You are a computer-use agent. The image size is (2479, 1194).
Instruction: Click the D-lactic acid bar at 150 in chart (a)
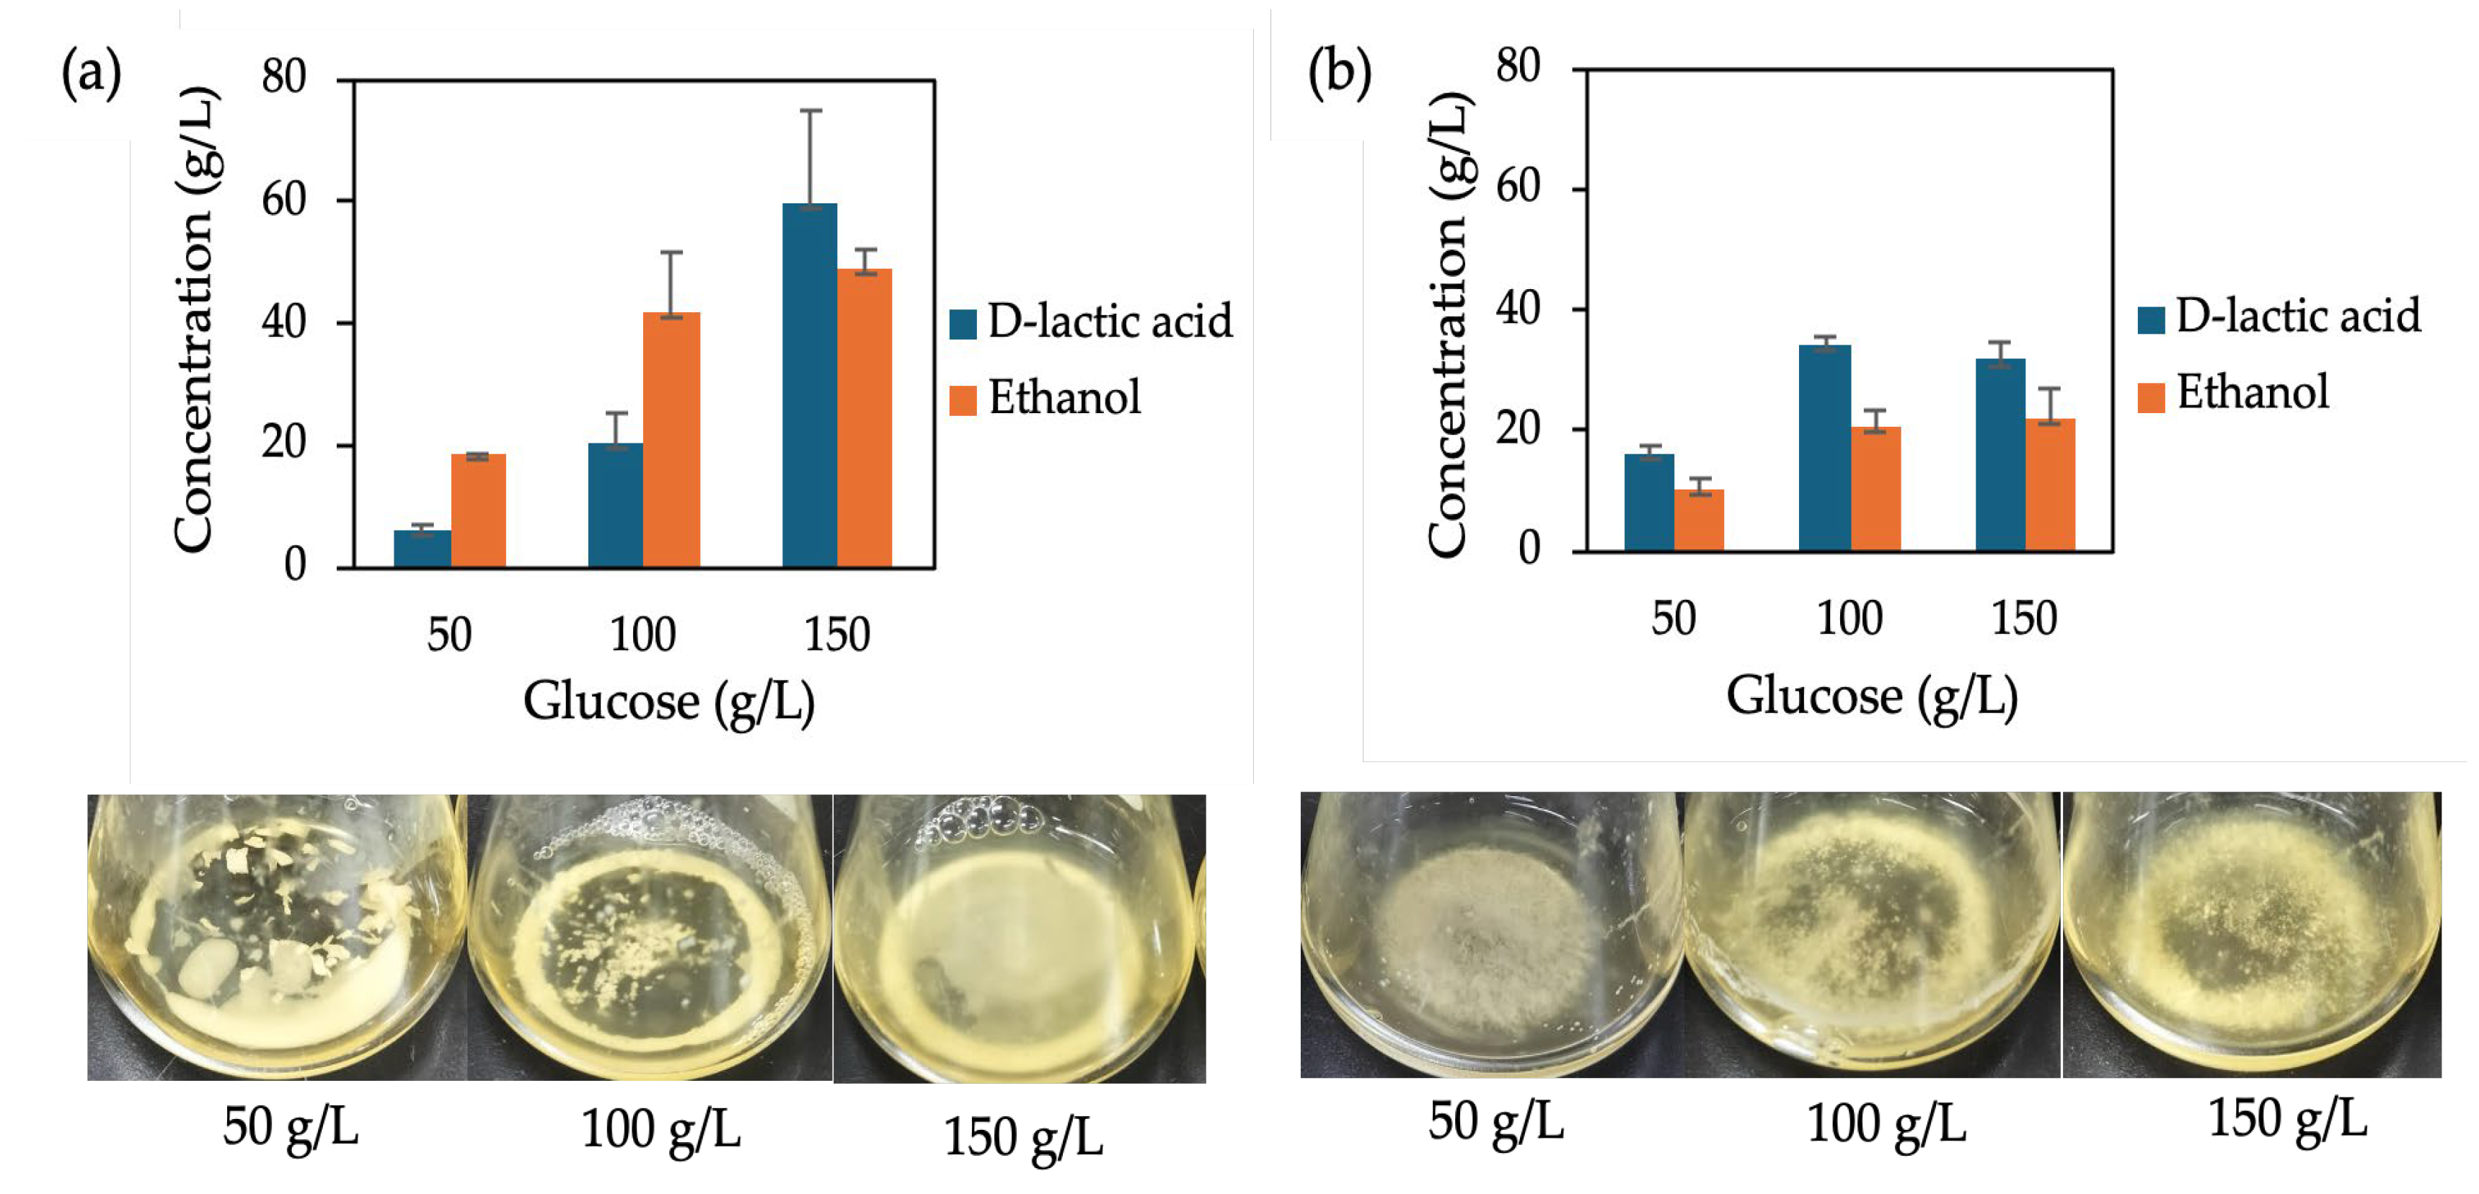pos(808,385)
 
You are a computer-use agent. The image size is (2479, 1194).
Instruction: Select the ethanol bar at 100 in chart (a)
pos(671,440)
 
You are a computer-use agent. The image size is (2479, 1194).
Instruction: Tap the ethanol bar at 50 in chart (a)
pos(478,510)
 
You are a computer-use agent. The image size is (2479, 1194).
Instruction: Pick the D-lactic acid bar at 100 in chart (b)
pos(1824,448)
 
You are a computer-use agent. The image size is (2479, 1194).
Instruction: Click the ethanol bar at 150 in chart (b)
pos(2050,485)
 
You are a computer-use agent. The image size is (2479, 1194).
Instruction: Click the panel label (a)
pos(92,72)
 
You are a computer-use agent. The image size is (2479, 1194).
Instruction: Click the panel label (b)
pos(1338,72)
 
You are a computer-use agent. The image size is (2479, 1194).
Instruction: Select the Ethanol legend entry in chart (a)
pos(1045,397)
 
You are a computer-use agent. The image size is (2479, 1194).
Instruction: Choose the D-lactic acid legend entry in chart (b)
pos(2279,317)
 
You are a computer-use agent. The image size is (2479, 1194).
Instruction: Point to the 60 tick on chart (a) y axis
pos(284,200)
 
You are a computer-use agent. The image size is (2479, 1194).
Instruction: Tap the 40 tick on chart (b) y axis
pos(1518,309)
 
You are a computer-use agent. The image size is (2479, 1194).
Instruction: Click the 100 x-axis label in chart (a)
pos(643,635)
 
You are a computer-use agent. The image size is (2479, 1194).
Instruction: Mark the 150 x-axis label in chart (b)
pos(2024,618)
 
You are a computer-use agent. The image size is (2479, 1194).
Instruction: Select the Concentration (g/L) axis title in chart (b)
pos(1446,323)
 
